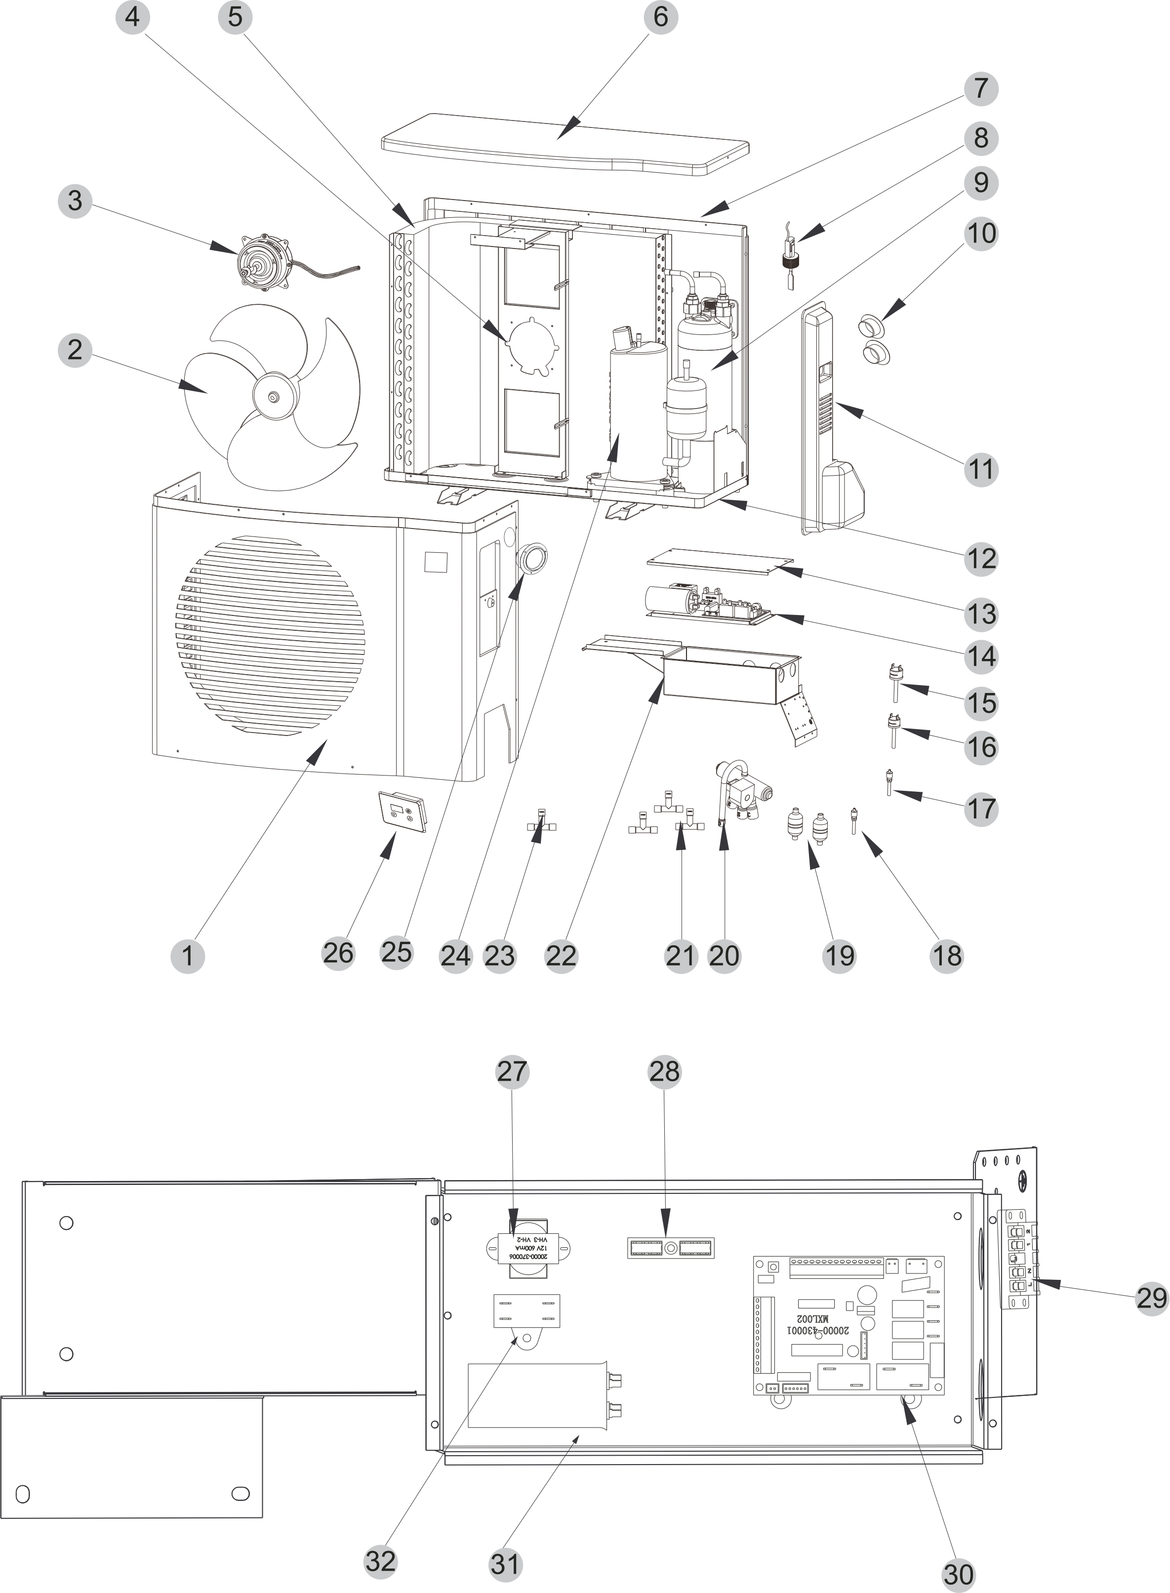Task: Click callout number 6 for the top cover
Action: click(660, 16)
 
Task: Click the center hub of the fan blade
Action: click(274, 396)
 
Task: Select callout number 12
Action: click(981, 558)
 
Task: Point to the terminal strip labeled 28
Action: click(671, 1247)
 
